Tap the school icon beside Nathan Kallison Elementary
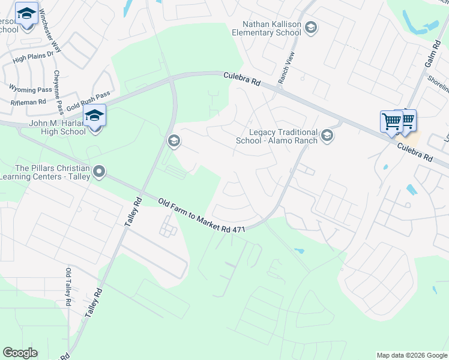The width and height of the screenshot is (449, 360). point(311,27)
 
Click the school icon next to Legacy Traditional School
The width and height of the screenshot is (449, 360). point(327,136)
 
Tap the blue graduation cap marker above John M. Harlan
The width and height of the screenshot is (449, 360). point(94,115)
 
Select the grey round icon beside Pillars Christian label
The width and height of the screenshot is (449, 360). point(99,173)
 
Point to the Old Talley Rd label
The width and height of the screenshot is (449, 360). point(68,287)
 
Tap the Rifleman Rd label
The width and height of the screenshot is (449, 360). point(25,102)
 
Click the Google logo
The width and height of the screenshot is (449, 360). point(20,353)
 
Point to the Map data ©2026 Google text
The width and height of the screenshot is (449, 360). point(411,355)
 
